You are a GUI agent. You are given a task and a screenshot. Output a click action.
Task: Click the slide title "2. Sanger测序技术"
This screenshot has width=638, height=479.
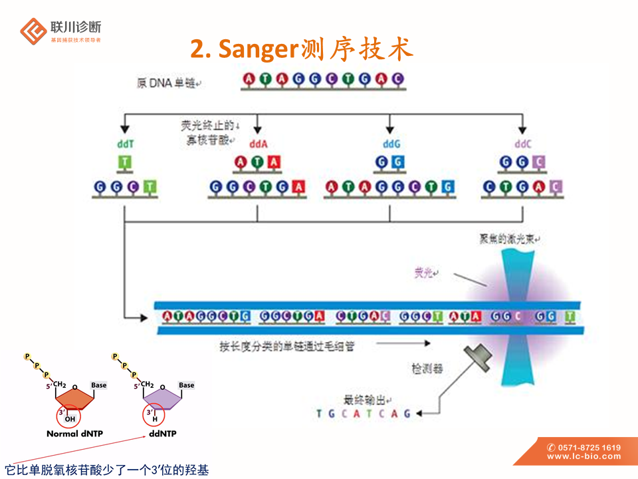(302, 49)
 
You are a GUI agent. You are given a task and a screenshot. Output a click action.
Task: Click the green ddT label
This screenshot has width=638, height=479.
(126, 144)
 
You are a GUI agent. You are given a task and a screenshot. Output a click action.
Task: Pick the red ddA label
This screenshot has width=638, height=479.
(258, 144)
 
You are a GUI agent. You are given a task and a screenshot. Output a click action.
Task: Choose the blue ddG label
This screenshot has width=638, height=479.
(391, 144)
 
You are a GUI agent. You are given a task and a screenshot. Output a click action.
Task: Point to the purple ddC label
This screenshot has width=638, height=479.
(523, 144)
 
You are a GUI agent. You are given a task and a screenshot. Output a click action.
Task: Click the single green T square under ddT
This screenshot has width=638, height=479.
(125, 162)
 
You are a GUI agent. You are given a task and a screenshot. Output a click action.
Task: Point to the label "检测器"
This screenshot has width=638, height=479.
(427, 368)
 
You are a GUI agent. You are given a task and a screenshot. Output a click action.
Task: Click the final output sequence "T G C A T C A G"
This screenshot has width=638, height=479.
(364, 414)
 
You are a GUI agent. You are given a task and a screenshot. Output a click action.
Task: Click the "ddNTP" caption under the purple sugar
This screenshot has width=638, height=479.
(163, 434)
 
